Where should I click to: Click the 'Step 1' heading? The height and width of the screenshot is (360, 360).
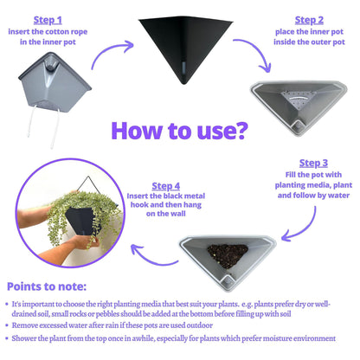tap(48, 20)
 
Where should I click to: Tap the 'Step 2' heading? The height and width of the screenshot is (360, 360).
tap(309, 20)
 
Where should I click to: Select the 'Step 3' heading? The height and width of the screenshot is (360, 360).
tap(313, 163)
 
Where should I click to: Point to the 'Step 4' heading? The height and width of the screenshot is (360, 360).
tap(166, 186)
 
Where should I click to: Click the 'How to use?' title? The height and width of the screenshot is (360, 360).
tap(179, 131)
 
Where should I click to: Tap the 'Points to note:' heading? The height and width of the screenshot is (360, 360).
tap(47, 286)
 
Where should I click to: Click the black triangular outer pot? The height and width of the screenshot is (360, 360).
tap(185, 49)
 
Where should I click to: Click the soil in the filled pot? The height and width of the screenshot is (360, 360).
tap(228, 255)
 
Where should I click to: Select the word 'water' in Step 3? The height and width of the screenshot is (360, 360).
tap(338, 196)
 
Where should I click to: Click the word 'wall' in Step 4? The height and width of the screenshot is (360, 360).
tap(178, 214)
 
